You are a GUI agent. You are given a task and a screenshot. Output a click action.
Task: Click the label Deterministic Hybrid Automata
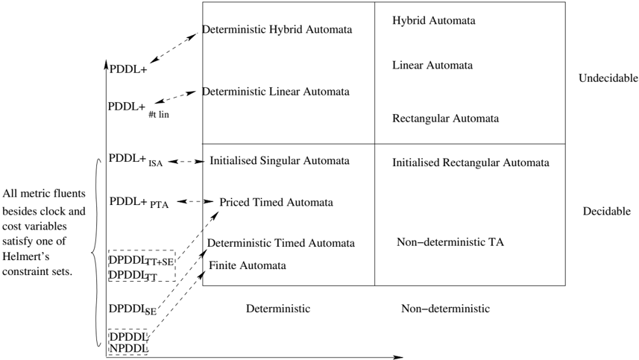(277, 30)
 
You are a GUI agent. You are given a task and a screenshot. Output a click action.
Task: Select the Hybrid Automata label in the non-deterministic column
(434, 21)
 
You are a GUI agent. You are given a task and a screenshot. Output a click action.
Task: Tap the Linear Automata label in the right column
(432, 65)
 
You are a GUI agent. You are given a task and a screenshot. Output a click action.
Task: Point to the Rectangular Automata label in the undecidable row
(445, 119)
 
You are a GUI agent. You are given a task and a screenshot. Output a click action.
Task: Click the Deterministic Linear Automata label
(276, 92)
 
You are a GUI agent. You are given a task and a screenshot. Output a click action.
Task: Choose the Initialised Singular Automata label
(280, 161)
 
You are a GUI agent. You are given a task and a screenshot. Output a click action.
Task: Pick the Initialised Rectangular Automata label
(470, 163)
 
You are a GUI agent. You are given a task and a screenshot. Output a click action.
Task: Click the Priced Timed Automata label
(277, 203)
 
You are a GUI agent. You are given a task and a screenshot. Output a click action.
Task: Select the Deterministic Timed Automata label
(281, 243)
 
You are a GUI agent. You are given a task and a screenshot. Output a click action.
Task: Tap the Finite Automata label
(248, 265)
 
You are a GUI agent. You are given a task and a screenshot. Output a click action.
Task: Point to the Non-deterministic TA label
(450, 242)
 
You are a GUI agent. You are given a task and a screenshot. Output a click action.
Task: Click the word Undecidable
(608, 78)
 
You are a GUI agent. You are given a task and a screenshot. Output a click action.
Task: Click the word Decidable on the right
(607, 212)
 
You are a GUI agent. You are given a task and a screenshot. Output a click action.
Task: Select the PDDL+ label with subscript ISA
(136, 160)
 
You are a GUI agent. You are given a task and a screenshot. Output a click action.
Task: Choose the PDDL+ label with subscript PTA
(139, 203)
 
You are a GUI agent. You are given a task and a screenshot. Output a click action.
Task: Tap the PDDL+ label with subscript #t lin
(139, 109)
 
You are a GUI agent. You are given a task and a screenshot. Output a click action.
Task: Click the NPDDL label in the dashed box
(128, 349)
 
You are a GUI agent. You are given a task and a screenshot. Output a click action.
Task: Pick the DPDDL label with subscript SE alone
(133, 310)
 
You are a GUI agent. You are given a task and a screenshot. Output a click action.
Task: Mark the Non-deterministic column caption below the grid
(445, 309)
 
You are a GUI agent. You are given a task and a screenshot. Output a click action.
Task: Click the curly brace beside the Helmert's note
(97, 253)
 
